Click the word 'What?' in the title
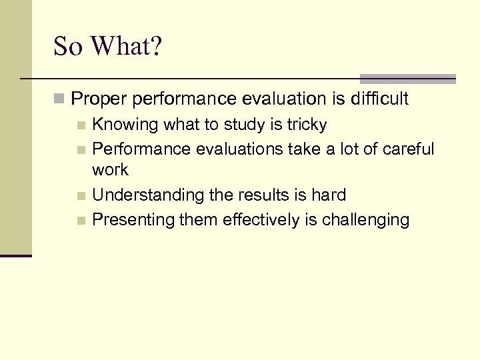coord(127,46)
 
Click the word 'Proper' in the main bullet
coord(99,99)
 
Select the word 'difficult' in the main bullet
coord(378,99)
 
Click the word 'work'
coord(110,170)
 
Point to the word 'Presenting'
coord(133,220)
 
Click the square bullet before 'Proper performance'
coord(59,100)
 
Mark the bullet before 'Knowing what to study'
coord(81,125)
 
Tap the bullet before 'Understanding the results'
coord(81,196)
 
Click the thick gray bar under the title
coord(407,78)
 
